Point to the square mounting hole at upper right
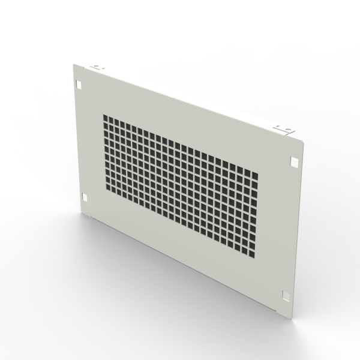pyautogui.click(x=293, y=161)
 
